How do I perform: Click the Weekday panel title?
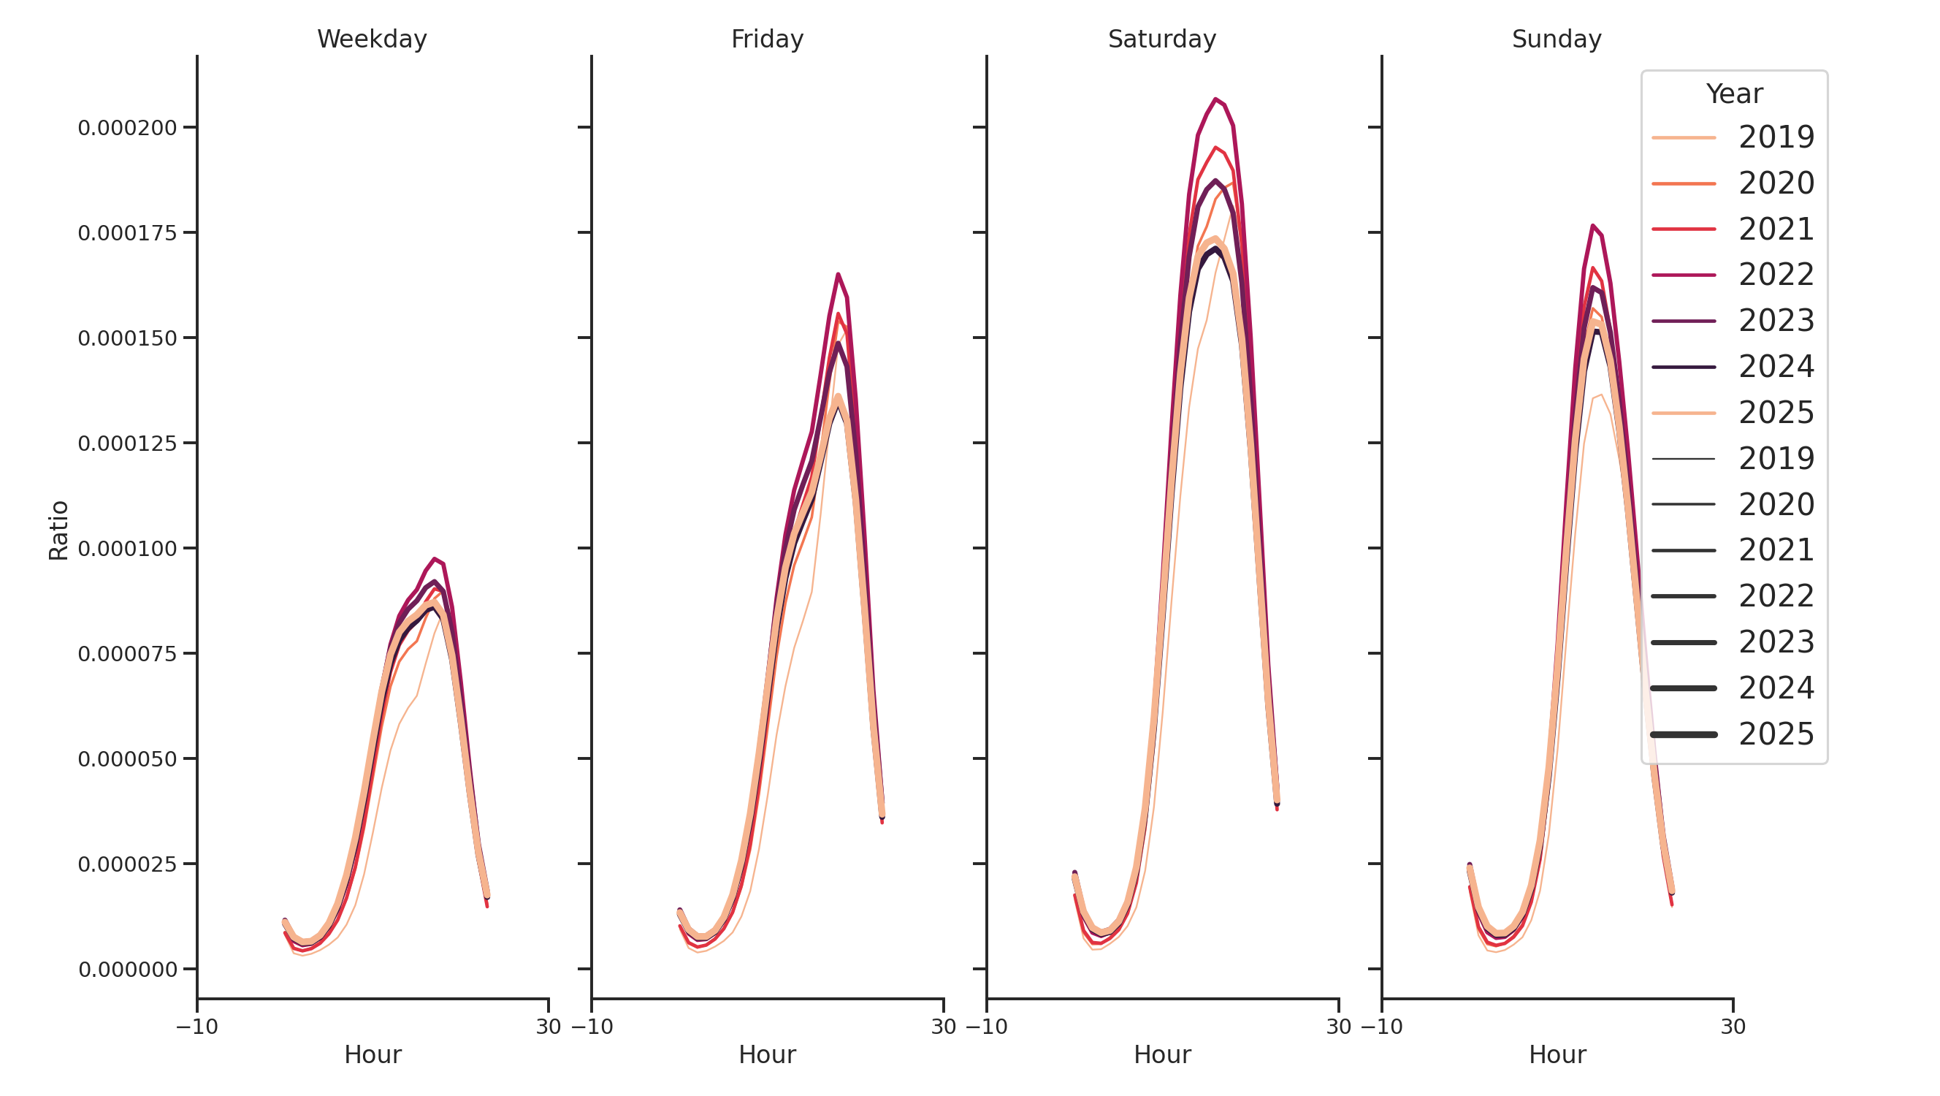371,39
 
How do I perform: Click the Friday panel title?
767,39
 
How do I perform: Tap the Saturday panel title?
1161,39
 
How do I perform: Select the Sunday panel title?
1556,39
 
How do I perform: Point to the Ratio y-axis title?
58,530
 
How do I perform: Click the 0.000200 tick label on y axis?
127,128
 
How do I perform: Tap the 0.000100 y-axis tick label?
127,549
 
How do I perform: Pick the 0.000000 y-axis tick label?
127,970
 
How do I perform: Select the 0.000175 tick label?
127,234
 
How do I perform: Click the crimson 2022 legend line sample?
1683,275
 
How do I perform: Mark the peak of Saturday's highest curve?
1215,99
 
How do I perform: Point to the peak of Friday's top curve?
838,275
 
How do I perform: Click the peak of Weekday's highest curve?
435,560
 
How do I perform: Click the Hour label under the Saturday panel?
1161,1054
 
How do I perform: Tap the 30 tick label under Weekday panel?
549,1027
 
